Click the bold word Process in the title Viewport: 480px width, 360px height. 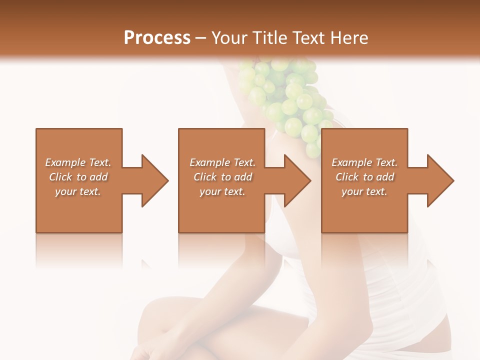[157, 38]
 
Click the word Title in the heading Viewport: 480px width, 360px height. [268, 38]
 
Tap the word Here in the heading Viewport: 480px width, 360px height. [349, 38]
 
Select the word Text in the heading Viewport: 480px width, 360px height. [309, 38]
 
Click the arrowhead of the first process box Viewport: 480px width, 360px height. [155, 180]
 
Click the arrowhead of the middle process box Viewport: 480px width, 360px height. [298, 180]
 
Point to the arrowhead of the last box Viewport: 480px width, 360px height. [440, 180]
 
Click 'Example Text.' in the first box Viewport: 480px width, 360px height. [78, 162]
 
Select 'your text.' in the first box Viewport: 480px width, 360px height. [78, 191]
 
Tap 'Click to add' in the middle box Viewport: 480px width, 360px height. [222, 177]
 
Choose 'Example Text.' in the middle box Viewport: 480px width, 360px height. [222, 162]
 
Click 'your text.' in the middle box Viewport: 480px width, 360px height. [222, 191]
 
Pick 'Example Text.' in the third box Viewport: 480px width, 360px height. [364, 162]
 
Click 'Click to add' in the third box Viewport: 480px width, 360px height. [364, 177]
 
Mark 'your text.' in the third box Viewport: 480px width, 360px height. [364, 191]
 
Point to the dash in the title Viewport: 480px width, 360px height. [201, 38]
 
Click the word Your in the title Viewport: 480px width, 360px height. [229, 38]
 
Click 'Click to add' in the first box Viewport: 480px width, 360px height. [78, 177]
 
